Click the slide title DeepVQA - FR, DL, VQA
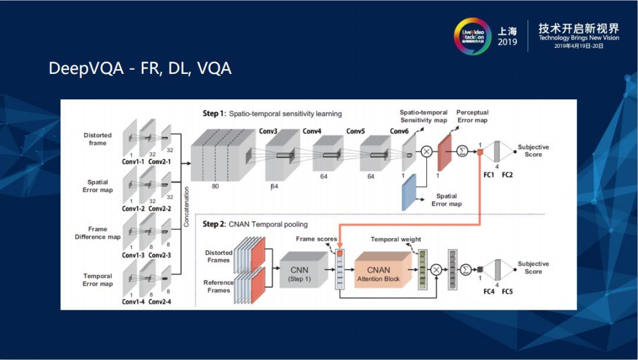point(140,69)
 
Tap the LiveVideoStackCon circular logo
point(472,37)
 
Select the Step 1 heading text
point(272,113)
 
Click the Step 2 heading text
point(255,224)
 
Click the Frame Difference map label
point(97,233)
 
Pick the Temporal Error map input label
point(97,280)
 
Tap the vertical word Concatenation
point(186,207)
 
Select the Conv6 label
point(401,131)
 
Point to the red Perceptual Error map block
point(444,153)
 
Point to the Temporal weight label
point(396,239)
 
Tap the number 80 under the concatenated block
point(216,186)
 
